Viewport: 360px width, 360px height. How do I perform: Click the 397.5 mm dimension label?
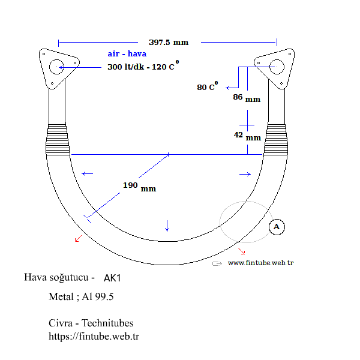pyautogui.click(x=168, y=42)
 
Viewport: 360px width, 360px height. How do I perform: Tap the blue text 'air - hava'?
pyautogui.click(x=127, y=54)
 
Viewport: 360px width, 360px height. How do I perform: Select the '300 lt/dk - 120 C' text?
pyautogui.click(x=143, y=67)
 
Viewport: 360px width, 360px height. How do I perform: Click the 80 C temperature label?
pyautogui.click(x=208, y=87)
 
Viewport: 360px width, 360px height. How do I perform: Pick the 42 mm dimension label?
pyautogui.click(x=247, y=136)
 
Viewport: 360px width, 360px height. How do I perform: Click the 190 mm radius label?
pyautogui.click(x=139, y=187)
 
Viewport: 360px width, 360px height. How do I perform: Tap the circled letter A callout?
pyautogui.click(x=277, y=227)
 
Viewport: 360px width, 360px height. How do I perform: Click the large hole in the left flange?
pyautogui.click(x=57, y=67)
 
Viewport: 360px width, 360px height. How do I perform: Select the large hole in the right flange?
pyautogui.click(x=277, y=66)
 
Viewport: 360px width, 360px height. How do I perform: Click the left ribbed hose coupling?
pyautogui.click(x=58, y=138)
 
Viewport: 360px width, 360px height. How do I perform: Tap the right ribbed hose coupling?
pyautogui.click(x=277, y=138)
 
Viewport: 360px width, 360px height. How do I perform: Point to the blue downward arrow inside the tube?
pyautogui.click(x=167, y=226)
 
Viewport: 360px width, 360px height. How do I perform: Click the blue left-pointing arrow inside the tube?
pyautogui.click(x=88, y=174)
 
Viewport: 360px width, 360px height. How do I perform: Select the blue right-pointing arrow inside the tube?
pyautogui.click(x=245, y=174)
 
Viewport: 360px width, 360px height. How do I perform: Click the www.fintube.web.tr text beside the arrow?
pyautogui.click(x=260, y=263)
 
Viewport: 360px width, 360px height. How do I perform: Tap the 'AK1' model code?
pyautogui.click(x=112, y=278)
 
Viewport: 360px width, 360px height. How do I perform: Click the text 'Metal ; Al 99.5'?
pyautogui.click(x=81, y=297)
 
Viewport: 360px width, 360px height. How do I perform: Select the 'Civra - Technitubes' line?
pyautogui.click(x=91, y=323)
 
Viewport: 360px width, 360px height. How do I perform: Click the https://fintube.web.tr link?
pyautogui.click(x=94, y=336)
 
